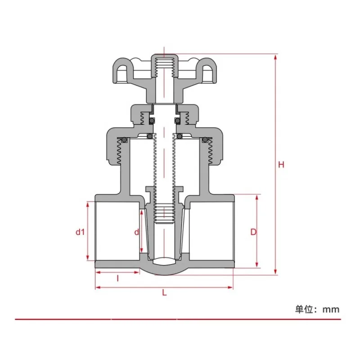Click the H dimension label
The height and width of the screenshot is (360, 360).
pos(281,165)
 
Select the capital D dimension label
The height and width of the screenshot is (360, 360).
pos(253,232)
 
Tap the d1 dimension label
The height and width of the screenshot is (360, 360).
pos(80,232)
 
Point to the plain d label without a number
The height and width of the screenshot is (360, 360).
pos(137,232)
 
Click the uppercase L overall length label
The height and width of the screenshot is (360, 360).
pos(164,292)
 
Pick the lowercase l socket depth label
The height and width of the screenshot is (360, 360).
pos(117,278)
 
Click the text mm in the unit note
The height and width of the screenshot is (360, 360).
pos(331,309)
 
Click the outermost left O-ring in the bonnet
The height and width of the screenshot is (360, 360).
pos(124,140)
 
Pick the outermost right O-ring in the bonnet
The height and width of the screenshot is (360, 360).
pos(205,140)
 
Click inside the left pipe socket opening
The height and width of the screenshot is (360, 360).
pos(117,230)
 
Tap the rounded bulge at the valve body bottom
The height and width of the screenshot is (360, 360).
pos(164,270)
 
